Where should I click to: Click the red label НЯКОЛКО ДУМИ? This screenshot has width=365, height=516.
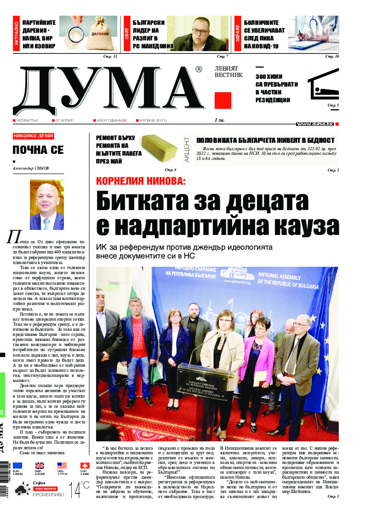(x=34, y=136)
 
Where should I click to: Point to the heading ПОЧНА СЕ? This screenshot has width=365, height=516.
(x=38, y=150)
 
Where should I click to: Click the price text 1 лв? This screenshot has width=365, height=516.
(x=220, y=120)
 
